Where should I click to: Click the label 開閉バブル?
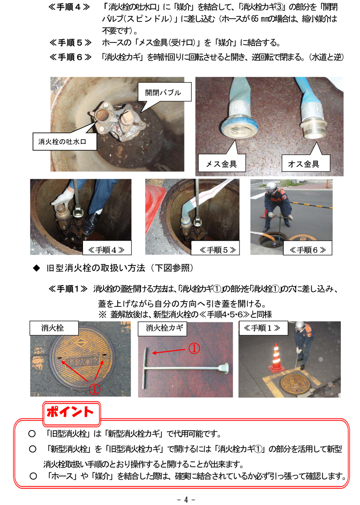(x=163, y=93)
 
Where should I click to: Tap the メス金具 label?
(x=221, y=164)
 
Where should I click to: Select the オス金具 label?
(x=303, y=164)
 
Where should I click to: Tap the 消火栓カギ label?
(x=164, y=328)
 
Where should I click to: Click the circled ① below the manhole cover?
(x=94, y=389)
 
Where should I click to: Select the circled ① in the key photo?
(x=194, y=348)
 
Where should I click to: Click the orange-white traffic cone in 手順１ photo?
(x=277, y=358)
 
